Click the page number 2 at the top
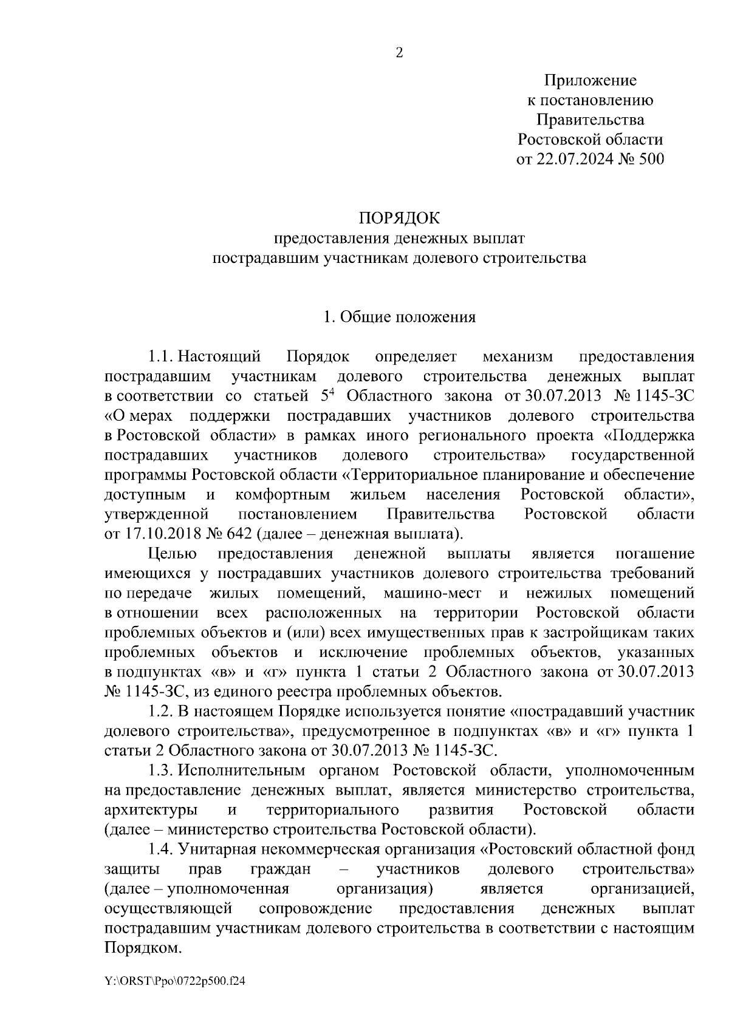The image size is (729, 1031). point(399,53)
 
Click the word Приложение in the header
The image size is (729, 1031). point(590,80)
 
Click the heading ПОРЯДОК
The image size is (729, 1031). point(399,218)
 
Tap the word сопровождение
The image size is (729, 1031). point(315,908)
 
